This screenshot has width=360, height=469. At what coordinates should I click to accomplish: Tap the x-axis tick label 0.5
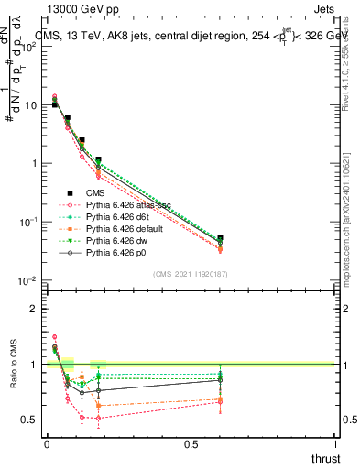pyautogui.click(x=191, y=444)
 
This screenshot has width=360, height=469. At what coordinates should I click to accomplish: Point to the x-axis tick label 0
pyautogui.click(x=47, y=444)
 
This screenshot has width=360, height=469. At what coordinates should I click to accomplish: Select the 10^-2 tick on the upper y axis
pyautogui.click(x=28, y=280)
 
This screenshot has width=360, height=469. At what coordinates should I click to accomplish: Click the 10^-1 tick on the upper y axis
pyautogui.click(x=28, y=222)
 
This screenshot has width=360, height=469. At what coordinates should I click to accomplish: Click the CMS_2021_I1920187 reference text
pyautogui.click(x=191, y=273)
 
